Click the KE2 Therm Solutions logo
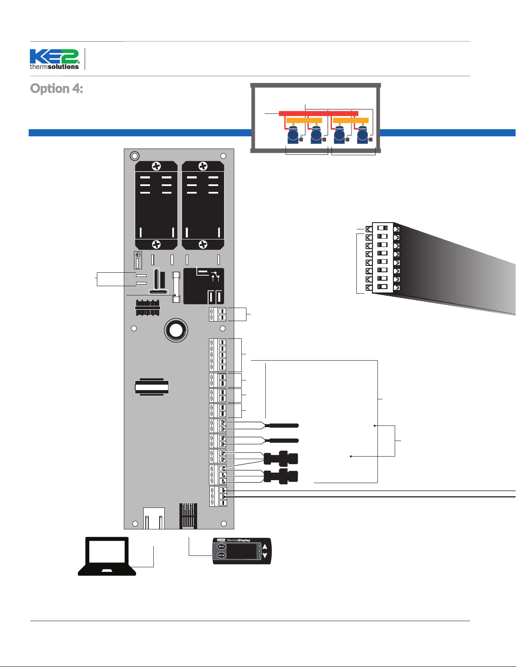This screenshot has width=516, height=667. (54, 59)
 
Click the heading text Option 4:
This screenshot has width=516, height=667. (56, 88)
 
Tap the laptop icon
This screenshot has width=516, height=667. (107, 556)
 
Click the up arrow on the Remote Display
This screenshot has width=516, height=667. (265, 547)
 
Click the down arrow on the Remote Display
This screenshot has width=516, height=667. (265, 555)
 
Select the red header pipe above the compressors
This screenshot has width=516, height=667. (318, 114)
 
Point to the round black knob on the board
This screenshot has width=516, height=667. (176, 330)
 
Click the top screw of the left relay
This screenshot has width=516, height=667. (156, 166)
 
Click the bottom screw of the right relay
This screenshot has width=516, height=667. (203, 244)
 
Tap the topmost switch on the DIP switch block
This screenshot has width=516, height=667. (382, 228)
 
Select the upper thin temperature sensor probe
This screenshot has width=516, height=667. (283, 425)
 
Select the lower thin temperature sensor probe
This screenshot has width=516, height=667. (283, 441)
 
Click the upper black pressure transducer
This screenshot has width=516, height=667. (281, 458)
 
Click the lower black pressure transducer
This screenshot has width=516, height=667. (281, 476)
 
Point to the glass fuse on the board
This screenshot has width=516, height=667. (176, 287)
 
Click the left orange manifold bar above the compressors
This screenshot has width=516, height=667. (304, 120)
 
